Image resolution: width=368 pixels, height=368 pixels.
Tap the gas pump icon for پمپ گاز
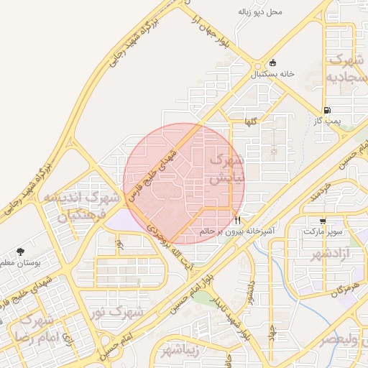327,111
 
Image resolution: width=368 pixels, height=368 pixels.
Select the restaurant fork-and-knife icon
237,220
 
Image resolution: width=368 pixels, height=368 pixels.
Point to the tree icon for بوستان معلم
20,252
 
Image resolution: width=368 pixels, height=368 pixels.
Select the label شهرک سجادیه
342,68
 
